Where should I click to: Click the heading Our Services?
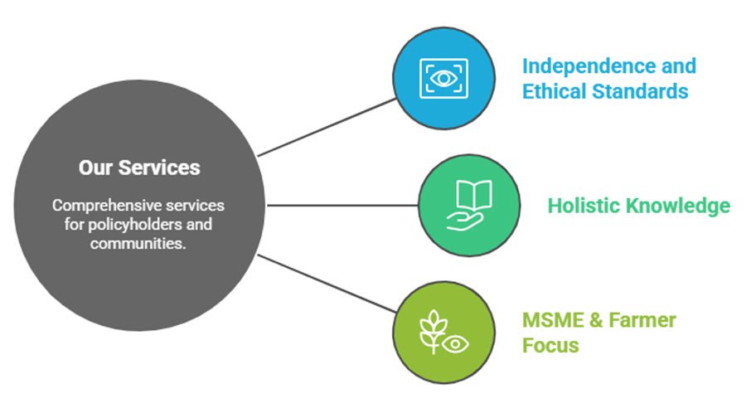coord(139,168)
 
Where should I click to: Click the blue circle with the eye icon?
coord(443,79)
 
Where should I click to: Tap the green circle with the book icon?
coord(469,205)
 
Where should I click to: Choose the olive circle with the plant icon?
coord(443,332)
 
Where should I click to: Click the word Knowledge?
coord(679,205)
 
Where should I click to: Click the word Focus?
coord(550,345)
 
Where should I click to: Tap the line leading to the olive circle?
coord(327,284)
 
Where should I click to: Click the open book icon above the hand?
coord(473,196)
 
